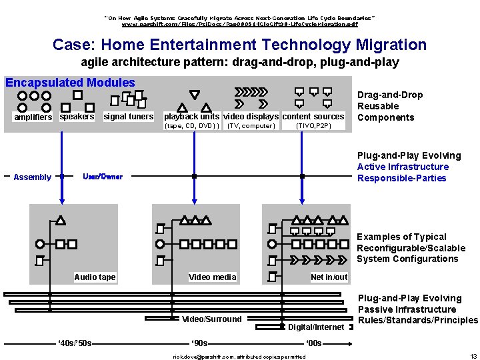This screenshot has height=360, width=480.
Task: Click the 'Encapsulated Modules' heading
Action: coord(70,83)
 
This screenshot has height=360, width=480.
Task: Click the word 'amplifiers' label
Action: coord(33,117)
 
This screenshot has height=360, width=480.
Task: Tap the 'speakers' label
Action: coord(77,117)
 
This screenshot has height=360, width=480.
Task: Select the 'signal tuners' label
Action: coord(129,117)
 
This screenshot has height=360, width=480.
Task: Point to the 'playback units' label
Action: coord(191,117)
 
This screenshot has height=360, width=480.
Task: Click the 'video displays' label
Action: coord(251,117)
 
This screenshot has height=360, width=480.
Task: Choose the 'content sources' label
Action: coord(313,117)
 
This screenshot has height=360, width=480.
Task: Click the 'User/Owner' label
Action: coord(103,177)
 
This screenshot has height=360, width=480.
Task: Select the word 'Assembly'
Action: coord(32,177)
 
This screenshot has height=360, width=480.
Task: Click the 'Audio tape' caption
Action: coord(95,277)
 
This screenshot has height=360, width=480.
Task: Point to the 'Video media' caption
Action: coord(212,277)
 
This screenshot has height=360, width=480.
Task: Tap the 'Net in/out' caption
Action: coord(329,277)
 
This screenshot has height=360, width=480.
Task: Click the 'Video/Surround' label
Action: coord(212,319)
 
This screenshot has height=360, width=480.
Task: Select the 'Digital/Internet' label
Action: coord(316,327)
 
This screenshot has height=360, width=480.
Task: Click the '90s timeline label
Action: coord(199,343)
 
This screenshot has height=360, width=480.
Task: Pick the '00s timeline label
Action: coord(313,343)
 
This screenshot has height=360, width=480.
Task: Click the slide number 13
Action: coord(473,357)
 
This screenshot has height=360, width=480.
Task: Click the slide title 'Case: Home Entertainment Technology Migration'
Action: coord(239,45)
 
